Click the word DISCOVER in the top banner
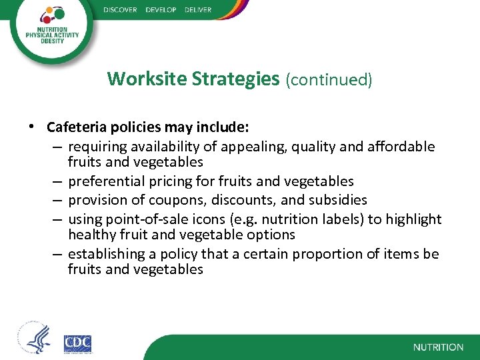(121, 10)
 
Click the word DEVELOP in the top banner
(161, 10)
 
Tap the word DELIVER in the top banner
(199, 10)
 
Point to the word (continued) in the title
(329, 79)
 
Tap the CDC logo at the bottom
(78, 343)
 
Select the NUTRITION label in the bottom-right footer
(438, 347)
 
